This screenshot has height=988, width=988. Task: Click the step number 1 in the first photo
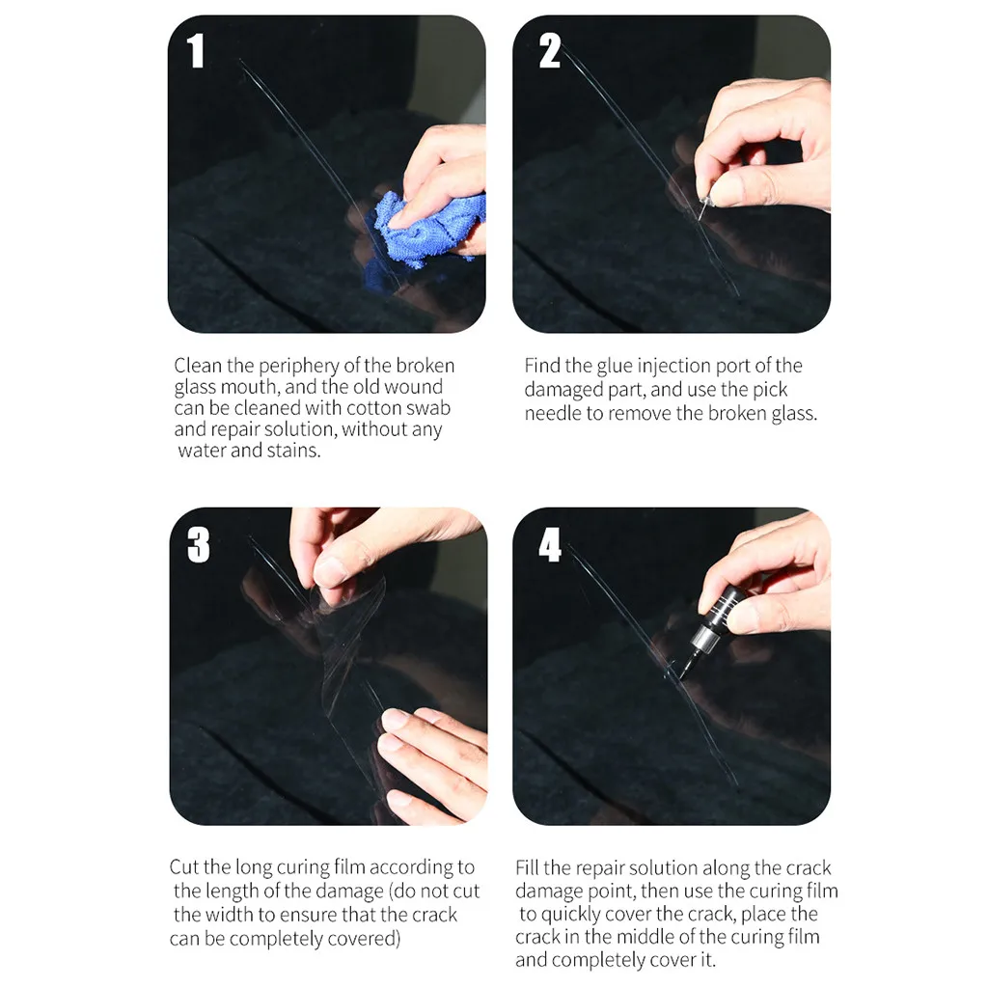pos(197,50)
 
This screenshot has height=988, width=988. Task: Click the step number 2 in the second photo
pos(549,50)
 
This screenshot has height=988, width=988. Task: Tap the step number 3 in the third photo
pos(198,545)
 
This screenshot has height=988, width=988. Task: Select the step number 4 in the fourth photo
pos(550,545)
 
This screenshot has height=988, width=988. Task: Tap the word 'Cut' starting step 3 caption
pos(184,867)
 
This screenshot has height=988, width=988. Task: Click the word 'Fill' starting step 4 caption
pos(528,867)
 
